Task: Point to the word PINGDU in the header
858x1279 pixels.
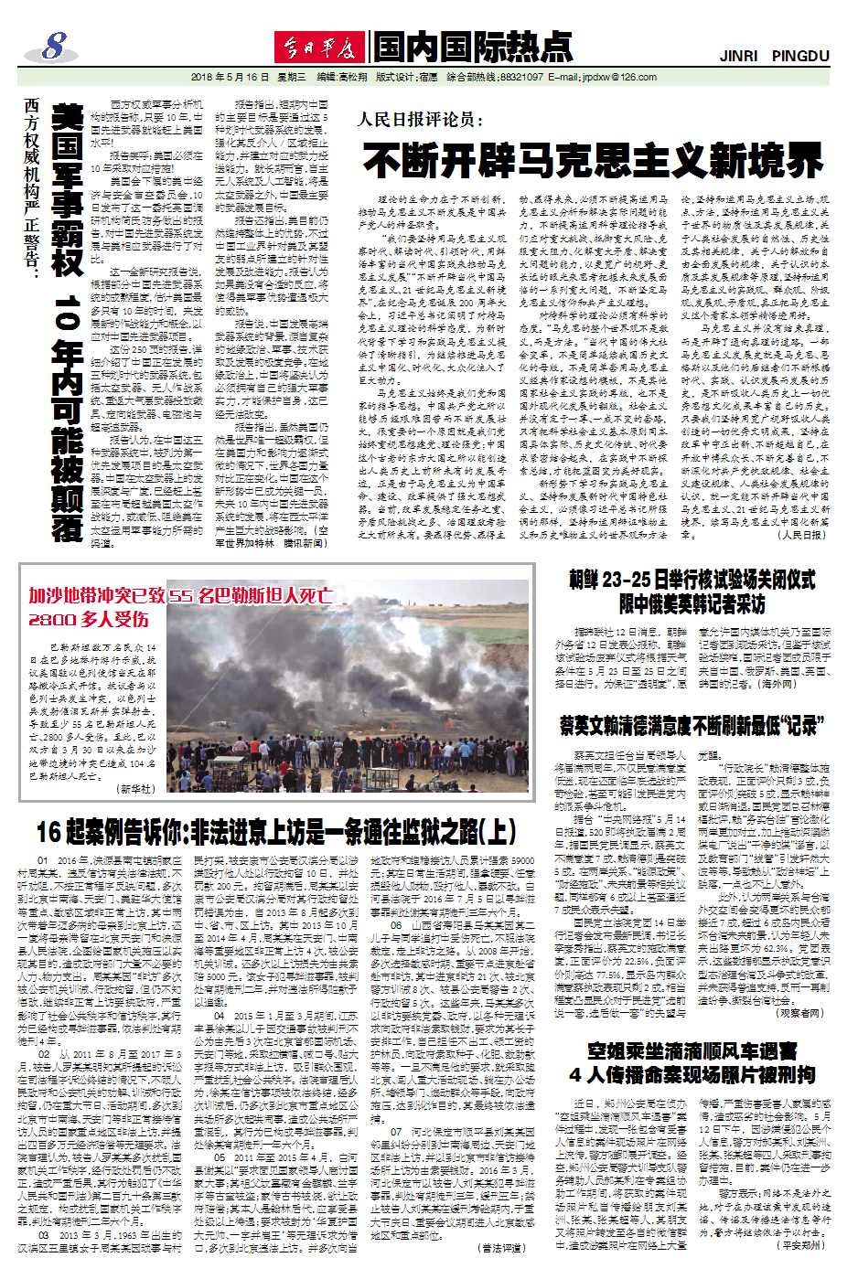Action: (800, 56)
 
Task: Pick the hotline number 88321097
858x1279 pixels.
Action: (521, 78)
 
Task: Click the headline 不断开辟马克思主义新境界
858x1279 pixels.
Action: (593, 161)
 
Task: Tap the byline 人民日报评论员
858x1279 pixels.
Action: (420, 120)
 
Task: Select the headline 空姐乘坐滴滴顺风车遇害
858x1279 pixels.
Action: (692, 1051)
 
